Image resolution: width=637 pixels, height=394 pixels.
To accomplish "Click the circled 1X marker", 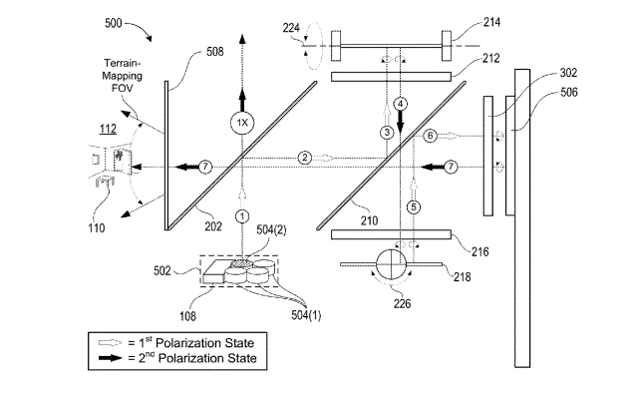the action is pos(242,123).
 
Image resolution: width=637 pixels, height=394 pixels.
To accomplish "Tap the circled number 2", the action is pos(305,158).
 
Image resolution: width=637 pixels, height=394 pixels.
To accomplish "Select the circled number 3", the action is pos(387,132).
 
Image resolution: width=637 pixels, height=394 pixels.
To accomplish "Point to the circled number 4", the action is pos(400,104).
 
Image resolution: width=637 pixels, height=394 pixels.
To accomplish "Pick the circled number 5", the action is pos(414,206).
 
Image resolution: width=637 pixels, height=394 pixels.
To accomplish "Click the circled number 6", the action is pos(431,136).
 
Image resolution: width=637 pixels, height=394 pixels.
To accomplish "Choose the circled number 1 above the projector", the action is pos(242,216).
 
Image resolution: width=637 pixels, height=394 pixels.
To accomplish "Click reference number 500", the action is pos(113,23).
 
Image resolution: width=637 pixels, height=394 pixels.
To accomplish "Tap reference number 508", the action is pos(215,52).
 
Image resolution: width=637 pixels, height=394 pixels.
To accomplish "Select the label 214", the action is pos(491,22).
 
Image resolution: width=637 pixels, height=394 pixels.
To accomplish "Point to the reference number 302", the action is pos(568,73).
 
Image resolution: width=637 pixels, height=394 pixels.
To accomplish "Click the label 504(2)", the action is pos(271,230).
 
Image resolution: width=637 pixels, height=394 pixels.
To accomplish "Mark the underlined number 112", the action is pos(108,129).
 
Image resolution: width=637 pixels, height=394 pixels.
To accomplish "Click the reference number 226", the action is pos(402,304).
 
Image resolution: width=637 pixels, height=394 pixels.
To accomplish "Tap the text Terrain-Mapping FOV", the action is pos(123,76).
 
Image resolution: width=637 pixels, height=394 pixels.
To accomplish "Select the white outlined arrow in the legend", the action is pos(110,343).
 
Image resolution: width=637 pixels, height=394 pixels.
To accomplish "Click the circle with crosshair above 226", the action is pos(391,264).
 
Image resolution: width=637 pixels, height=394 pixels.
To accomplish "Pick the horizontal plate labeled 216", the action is pos(391,234).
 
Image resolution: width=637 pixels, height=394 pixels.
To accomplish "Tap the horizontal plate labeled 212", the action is pos(391,77).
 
